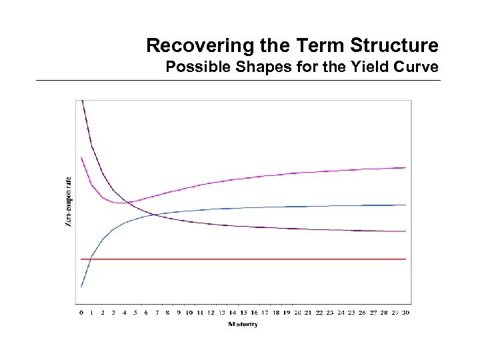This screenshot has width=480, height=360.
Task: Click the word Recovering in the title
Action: pyautogui.click(x=187, y=46)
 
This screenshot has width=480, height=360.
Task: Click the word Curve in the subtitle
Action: pyautogui.click(x=417, y=67)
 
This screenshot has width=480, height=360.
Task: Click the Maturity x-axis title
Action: pyautogui.click(x=243, y=325)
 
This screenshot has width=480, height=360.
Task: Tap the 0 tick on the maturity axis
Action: pyautogui.click(x=81, y=312)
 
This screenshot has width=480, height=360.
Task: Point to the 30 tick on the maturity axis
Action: pyautogui.click(x=406, y=312)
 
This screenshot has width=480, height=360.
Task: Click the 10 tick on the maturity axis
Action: pyautogui.click(x=189, y=312)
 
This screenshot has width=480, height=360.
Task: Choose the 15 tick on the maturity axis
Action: pyautogui.click(x=243, y=312)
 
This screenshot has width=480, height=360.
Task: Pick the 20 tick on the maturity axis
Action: pyautogui.click(x=297, y=312)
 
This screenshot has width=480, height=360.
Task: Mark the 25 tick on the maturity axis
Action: pyautogui.click(x=351, y=312)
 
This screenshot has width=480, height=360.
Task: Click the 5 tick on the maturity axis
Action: pyautogui.click(x=135, y=312)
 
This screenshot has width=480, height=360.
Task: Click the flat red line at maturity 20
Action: pyautogui.click(x=297, y=259)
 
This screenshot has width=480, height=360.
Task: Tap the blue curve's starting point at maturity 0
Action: pyautogui.click(x=81, y=287)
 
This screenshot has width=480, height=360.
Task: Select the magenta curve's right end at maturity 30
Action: pyautogui.click(x=405, y=167)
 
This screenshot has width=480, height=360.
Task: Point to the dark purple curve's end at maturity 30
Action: pyautogui.click(x=405, y=231)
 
